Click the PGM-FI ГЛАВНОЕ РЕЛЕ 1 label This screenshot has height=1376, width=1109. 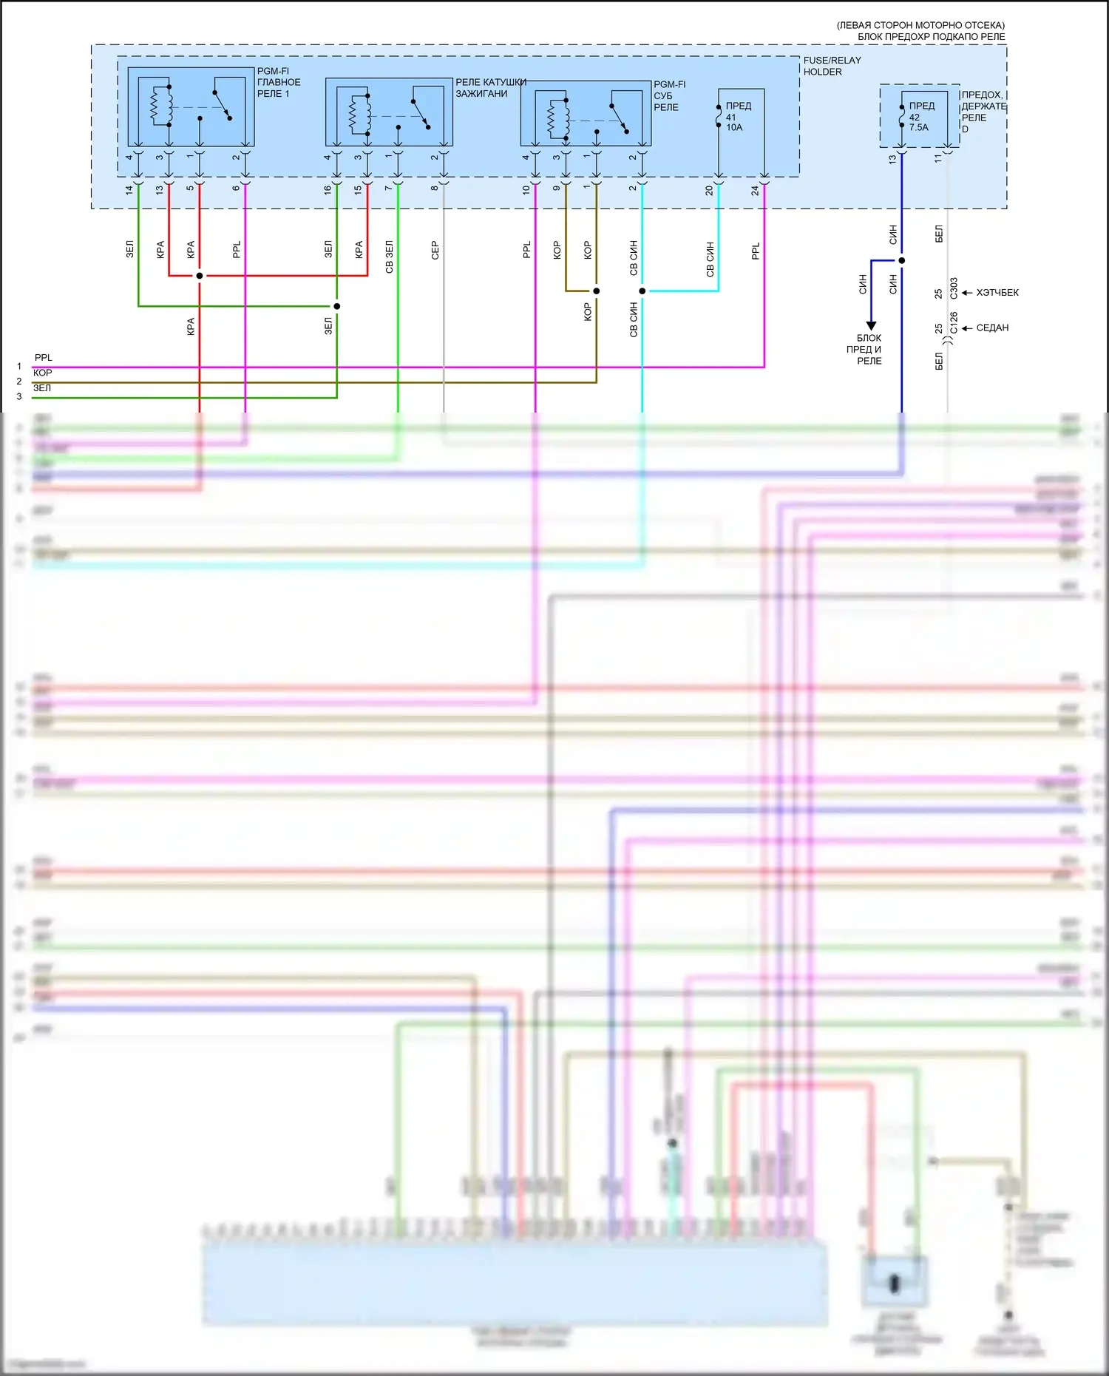pos(278,82)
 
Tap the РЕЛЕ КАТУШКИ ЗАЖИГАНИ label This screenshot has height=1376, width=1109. pos(490,88)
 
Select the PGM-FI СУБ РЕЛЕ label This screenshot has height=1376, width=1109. pos(668,95)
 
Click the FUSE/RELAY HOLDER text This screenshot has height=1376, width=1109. pos(832,66)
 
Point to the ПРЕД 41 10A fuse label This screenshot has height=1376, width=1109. pos(736,117)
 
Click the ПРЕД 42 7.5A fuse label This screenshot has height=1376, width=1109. pos(920,117)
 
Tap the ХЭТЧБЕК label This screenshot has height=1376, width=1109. pos(997,293)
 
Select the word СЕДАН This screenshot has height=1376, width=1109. pos(992,328)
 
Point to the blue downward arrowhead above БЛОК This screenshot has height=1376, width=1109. pos(871,325)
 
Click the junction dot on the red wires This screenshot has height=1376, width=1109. pos(200,276)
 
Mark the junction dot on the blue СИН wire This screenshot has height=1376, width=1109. pos(901,260)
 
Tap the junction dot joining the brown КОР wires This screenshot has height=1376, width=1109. pos(597,291)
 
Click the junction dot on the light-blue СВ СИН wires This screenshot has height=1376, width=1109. pos(642,291)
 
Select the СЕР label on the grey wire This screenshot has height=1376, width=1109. pos(435,250)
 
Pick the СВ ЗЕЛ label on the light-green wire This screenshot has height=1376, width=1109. pos(389,257)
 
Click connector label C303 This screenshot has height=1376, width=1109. pos(954,288)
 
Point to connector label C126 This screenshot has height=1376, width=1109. pos(954,323)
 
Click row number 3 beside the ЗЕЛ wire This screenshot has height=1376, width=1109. pos(19,397)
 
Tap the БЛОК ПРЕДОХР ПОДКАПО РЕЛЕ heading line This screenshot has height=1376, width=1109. pos(931,36)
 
